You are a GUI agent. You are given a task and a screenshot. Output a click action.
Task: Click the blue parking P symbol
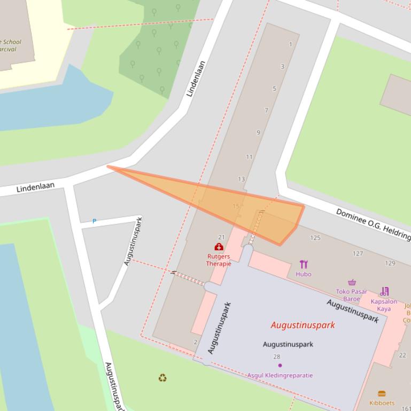[95, 221]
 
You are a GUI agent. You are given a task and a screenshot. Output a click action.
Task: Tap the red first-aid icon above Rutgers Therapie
[219, 247]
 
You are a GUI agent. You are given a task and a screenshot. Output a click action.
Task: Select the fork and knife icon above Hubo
[304, 264]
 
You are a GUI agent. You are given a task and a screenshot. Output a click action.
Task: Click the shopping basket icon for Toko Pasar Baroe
[352, 282]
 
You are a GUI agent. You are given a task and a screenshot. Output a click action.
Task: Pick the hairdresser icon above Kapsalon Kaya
[384, 291]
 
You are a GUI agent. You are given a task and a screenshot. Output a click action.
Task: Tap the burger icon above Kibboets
[382, 394]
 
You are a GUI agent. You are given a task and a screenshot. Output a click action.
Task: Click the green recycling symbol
[162, 378]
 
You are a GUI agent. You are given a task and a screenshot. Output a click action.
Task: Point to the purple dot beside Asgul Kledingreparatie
[280, 366]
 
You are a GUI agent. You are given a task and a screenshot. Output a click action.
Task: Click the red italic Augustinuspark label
[303, 325]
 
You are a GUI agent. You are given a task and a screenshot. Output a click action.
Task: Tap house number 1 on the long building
[290, 44]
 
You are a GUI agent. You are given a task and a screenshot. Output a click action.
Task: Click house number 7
[266, 110]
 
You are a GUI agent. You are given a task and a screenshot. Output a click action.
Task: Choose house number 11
[249, 157]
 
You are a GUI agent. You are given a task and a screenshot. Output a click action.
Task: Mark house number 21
[222, 237]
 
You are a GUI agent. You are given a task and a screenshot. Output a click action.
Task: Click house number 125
[315, 238]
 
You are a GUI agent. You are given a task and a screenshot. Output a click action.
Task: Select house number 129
[390, 263]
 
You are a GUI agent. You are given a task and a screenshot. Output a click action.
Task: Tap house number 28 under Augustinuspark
[276, 357]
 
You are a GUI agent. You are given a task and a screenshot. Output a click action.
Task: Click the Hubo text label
[303, 274]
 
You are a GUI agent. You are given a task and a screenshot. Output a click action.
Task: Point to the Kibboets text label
[382, 404]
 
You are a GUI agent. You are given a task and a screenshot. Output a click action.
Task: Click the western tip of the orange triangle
[108, 167]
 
